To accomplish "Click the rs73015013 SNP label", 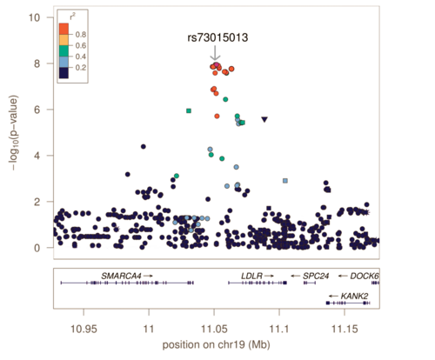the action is (217, 37).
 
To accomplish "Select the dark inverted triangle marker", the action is (264, 119).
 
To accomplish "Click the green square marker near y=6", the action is (189, 110).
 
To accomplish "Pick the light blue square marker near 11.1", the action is (285, 181).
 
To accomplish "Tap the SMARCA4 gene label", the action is (121, 276).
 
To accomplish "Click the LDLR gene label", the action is (251, 276).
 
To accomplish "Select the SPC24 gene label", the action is (316, 276).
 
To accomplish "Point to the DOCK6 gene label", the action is (365, 276).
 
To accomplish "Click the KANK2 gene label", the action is (354, 297).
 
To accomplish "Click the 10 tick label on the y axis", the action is (34, 17).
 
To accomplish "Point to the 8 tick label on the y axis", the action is (37, 63).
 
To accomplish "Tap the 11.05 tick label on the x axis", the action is (214, 330).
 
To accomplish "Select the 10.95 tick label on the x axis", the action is (84, 330).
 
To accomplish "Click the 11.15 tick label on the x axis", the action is (345, 330).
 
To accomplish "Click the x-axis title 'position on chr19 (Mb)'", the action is (216, 345).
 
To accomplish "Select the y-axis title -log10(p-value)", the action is (14, 132).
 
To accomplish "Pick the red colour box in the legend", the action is (64, 29).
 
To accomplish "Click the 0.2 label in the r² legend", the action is (81, 68).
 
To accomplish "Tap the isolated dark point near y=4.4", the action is (143, 147).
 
